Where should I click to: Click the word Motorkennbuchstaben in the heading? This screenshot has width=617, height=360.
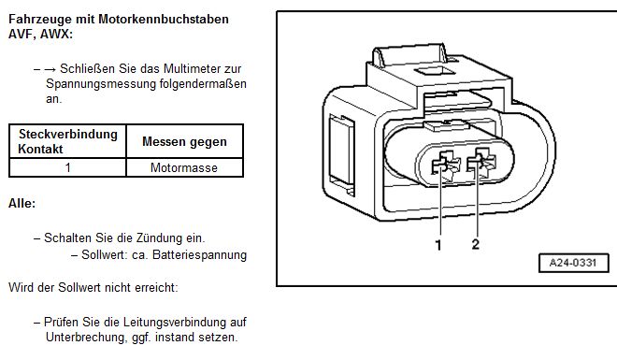164,19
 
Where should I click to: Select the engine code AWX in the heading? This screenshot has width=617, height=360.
56,34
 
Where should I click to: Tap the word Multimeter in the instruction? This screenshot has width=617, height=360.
193,68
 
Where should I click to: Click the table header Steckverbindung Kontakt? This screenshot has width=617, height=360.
67,141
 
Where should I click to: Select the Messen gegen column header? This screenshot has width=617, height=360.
184,141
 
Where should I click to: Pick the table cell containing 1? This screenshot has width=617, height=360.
67,167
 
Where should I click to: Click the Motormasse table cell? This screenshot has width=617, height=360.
184,167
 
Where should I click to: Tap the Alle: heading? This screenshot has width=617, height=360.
22,204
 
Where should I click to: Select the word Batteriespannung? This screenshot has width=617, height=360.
199,255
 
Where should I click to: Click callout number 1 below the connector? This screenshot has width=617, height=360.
438,245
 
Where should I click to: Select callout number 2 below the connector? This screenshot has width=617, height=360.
475,244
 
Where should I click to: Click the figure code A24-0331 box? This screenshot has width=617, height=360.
573,263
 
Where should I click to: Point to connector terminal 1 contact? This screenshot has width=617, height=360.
445,165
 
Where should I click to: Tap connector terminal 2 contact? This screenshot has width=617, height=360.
481,162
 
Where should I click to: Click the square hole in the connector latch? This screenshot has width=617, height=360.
436,72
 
